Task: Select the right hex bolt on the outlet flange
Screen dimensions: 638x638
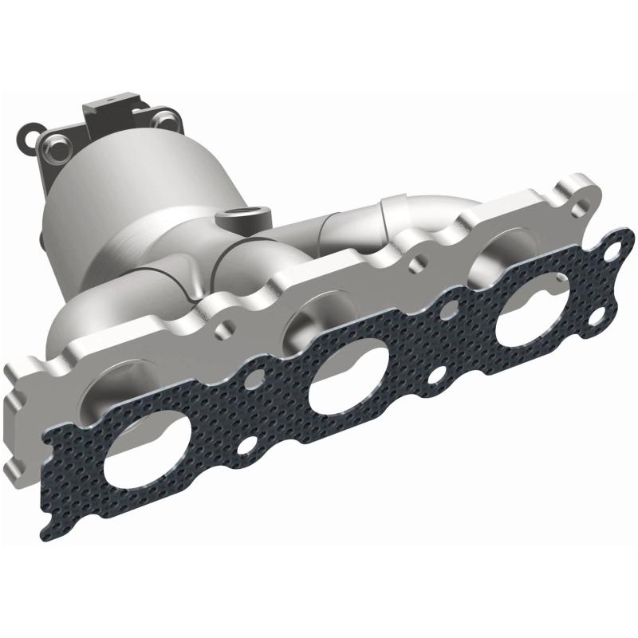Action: tap(167, 120)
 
